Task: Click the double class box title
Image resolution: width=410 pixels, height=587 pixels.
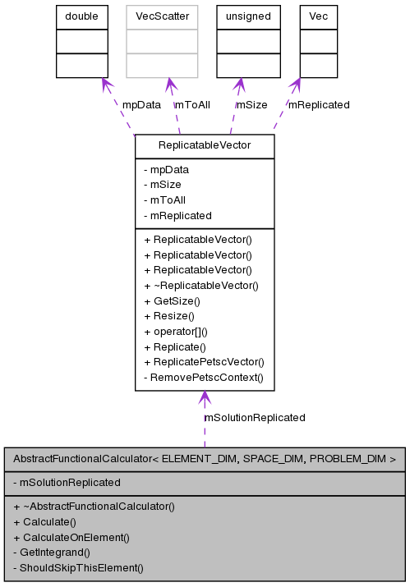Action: (82, 16)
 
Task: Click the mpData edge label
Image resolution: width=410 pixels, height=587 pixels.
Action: (141, 104)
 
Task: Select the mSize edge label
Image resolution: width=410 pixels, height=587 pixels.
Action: (251, 104)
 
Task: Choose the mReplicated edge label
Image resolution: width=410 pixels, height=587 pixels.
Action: (318, 104)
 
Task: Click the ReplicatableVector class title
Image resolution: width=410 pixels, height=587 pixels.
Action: (205, 146)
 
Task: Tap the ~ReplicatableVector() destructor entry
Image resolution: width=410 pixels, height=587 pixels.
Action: (201, 285)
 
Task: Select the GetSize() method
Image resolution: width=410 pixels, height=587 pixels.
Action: (172, 300)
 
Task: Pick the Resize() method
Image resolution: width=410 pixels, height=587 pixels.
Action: (169, 315)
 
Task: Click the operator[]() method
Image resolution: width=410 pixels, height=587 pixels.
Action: (176, 331)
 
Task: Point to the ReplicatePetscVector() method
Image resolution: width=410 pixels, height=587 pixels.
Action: (204, 361)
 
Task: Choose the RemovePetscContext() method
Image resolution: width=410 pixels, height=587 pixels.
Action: (203, 377)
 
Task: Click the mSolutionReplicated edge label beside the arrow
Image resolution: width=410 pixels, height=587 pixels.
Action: (255, 417)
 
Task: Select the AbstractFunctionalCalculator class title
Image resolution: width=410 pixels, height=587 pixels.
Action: (205, 459)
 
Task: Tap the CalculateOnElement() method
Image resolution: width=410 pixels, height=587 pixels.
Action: (71, 537)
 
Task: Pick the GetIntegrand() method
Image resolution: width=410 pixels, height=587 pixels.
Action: (52, 552)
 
